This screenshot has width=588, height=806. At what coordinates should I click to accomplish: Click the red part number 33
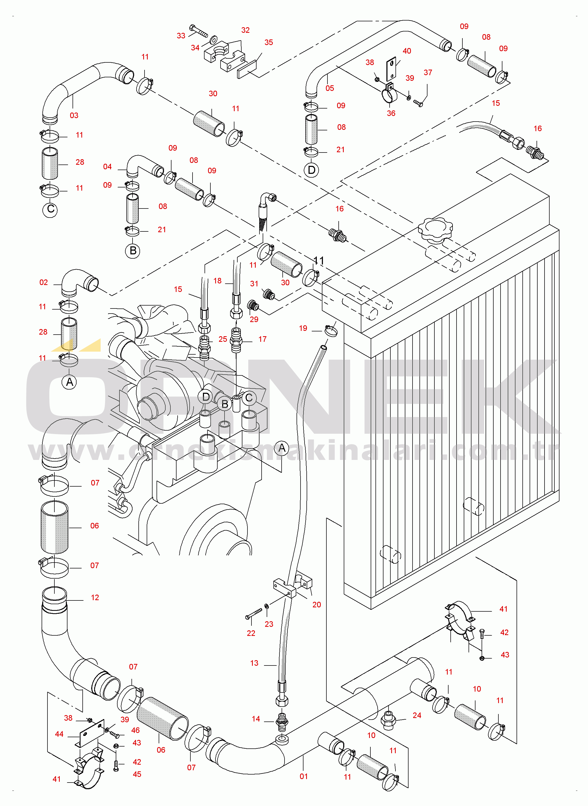[x=181, y=35]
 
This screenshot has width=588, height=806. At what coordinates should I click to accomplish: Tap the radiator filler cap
[x=435, y=230]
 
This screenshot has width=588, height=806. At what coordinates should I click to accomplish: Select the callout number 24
[x=417, y=715]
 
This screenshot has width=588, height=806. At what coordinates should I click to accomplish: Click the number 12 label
[x=95, y=598]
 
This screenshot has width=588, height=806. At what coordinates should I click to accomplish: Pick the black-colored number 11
[x=319, y=261]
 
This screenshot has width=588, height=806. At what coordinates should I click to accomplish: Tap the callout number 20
[x=317, y=605]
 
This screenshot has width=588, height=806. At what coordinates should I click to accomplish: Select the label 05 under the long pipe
[x=330, y=88]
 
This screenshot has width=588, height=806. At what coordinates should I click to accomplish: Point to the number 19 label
[x=303, y=328]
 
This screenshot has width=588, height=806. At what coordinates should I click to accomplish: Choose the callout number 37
[x=428, y=73]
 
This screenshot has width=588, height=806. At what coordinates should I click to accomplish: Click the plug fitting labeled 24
[x=389, y=720]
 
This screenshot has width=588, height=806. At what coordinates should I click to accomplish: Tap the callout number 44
[x=59, y=734]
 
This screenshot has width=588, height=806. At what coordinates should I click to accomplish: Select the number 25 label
[x=223, y=339]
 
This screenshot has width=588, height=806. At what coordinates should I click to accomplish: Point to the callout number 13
[x=254, y=663]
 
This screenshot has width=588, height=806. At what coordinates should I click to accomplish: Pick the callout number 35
[x=269, y=42]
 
